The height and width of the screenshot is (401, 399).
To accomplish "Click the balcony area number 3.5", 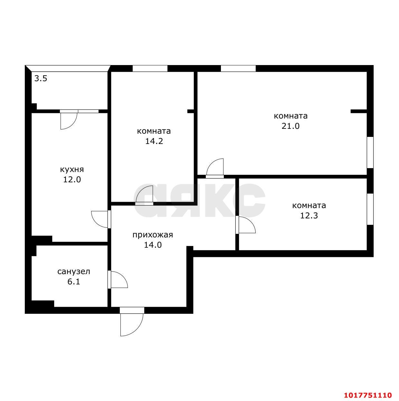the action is [x=41, y=79].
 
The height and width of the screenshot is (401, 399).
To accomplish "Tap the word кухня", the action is [x=72, y=169].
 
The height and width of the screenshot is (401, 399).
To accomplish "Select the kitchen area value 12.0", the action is [x=72, y=179].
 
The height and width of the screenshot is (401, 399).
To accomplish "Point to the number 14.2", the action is [x=154, y=141].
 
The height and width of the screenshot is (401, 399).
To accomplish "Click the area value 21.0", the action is [x=290, y=126].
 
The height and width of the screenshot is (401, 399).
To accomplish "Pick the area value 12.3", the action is [x=309, y=215].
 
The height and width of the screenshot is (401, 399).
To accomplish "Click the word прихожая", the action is [x=153, y=235].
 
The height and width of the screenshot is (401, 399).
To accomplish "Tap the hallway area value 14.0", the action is [x=153, y=245].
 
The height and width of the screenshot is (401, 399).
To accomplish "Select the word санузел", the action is [x=74, y=272].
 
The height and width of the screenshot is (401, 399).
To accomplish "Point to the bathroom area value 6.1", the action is [x=74, y=282].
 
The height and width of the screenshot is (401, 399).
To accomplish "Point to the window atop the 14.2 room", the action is [x=150, y=69].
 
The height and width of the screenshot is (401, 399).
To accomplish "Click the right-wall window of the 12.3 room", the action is [x=370, y=209].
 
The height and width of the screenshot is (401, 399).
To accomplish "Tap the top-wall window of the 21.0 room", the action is [x=238, y=69].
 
